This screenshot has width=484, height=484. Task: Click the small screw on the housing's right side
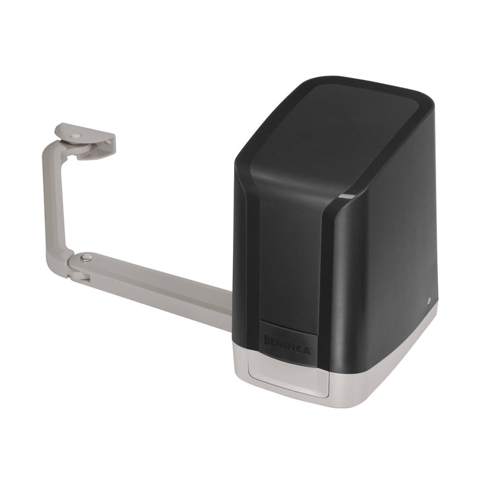428,300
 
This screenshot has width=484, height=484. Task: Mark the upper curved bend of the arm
51,151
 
